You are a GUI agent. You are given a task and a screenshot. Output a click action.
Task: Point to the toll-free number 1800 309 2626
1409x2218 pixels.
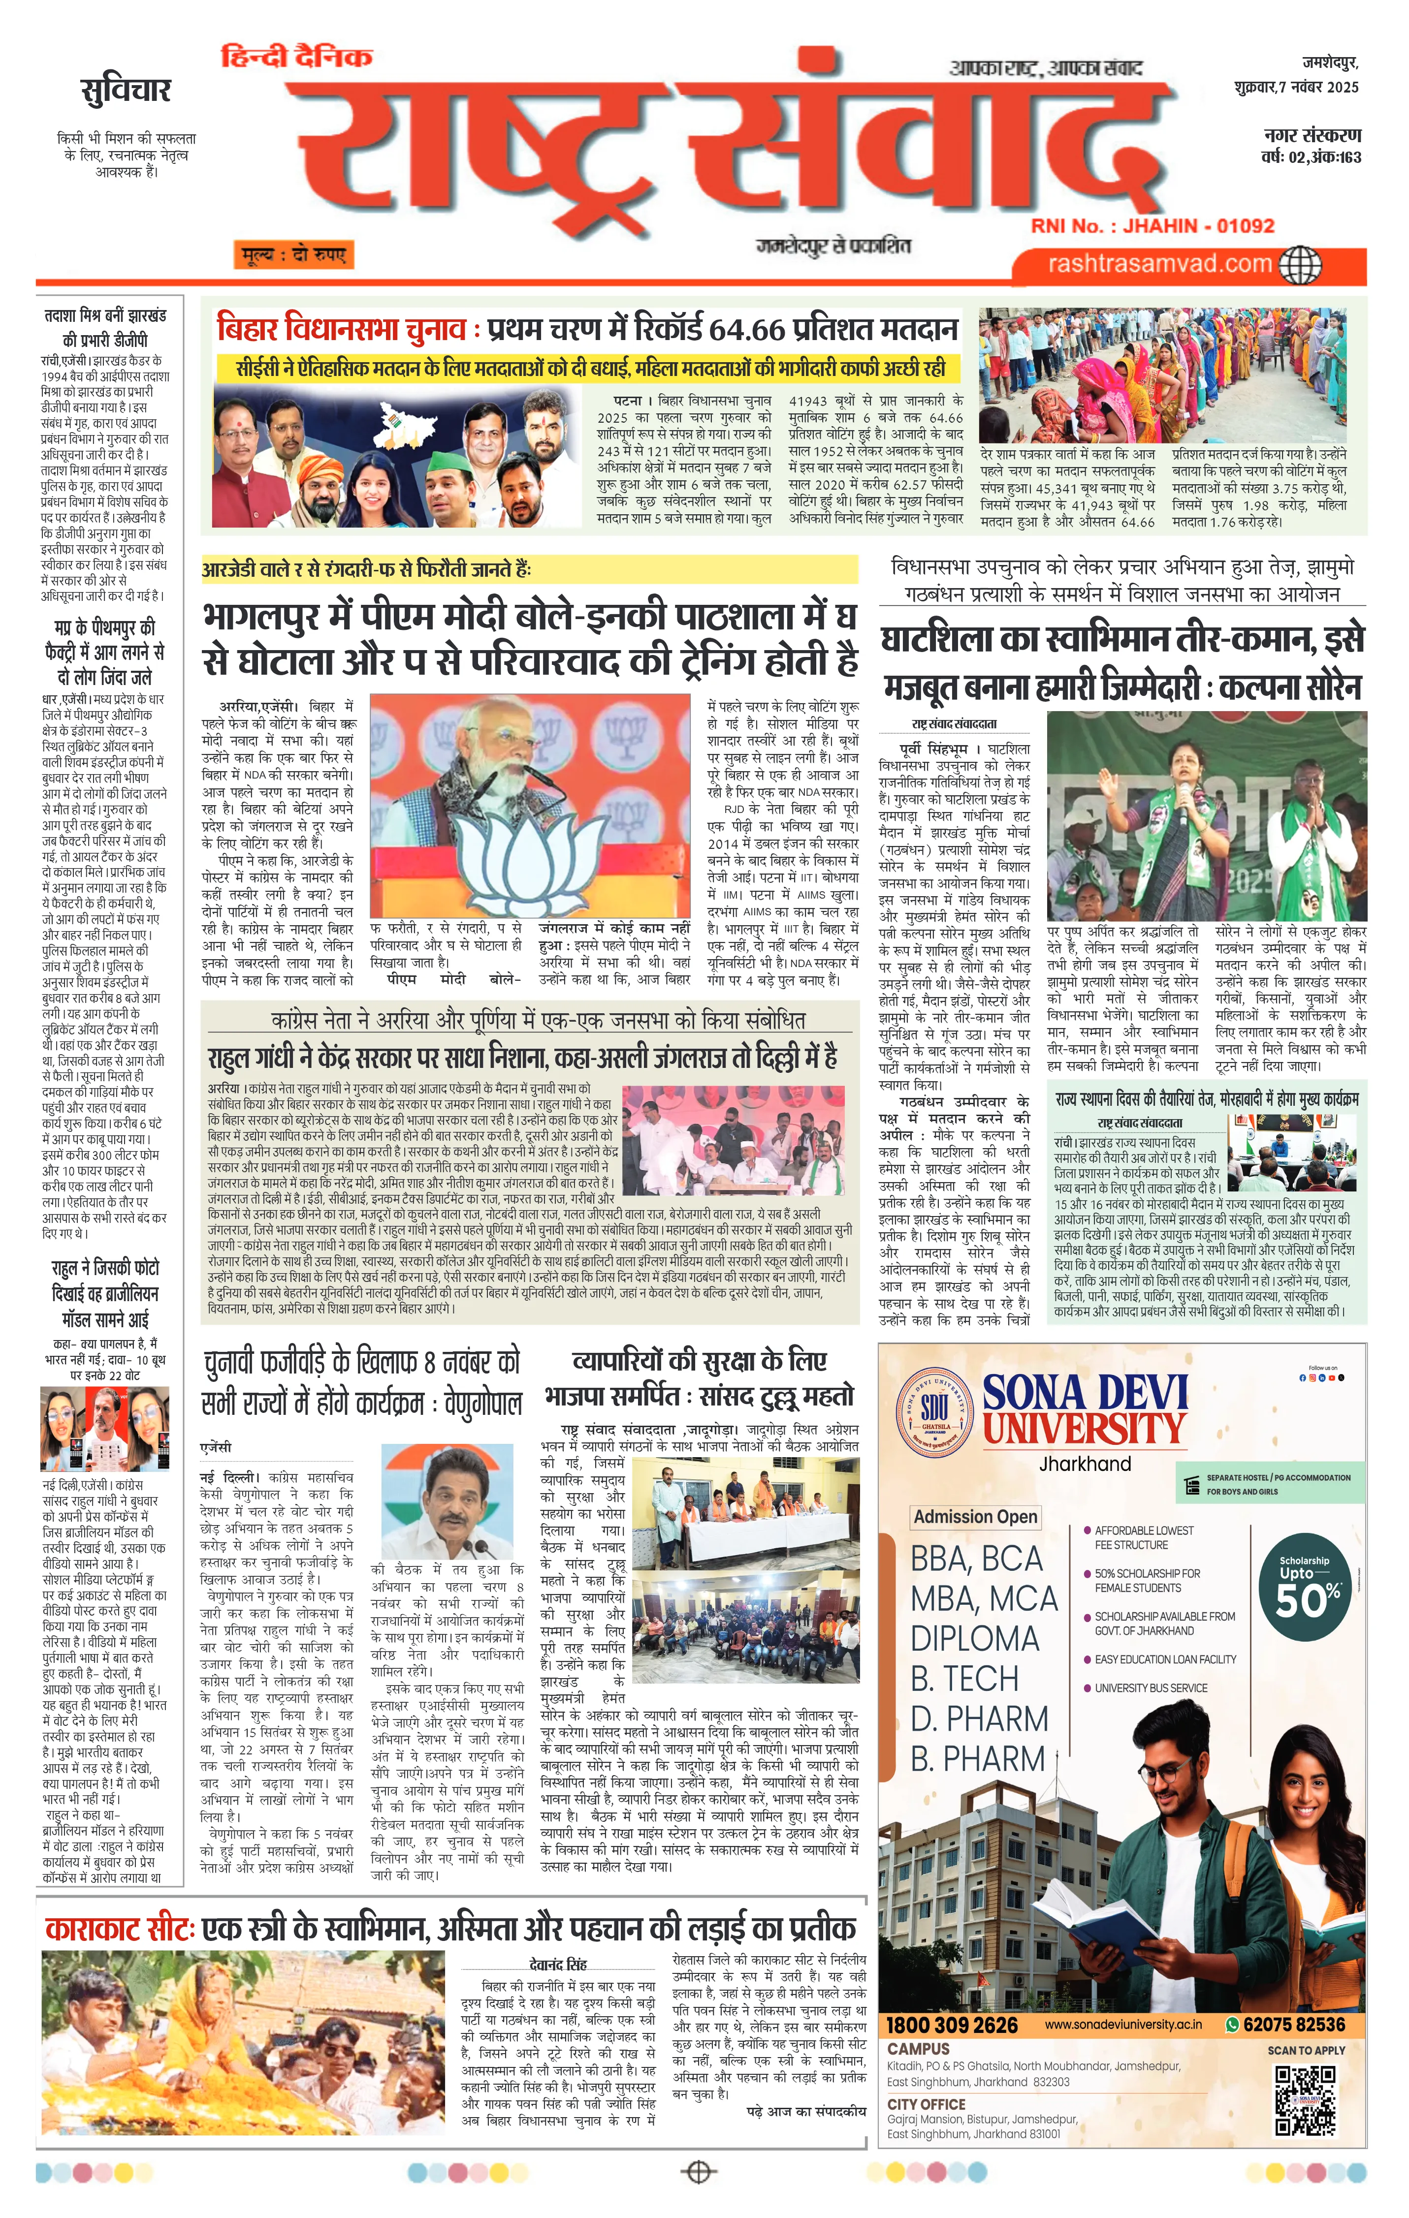coord(952,2025)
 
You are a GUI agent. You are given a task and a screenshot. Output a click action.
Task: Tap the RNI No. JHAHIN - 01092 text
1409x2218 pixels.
coord(1152,226)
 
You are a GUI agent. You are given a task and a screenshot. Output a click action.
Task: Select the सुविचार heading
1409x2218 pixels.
coord(126,91)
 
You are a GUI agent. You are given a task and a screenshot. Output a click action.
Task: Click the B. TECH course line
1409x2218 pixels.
coord(964,1679)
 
